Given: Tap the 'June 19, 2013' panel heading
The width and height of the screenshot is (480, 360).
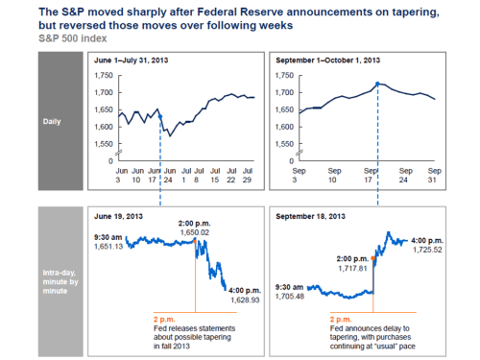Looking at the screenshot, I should click(x=118, y=216).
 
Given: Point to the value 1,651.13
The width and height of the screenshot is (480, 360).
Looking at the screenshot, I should click(x=108, y=246).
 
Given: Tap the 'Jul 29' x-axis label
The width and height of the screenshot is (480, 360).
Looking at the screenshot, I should click(x=249, y=176).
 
